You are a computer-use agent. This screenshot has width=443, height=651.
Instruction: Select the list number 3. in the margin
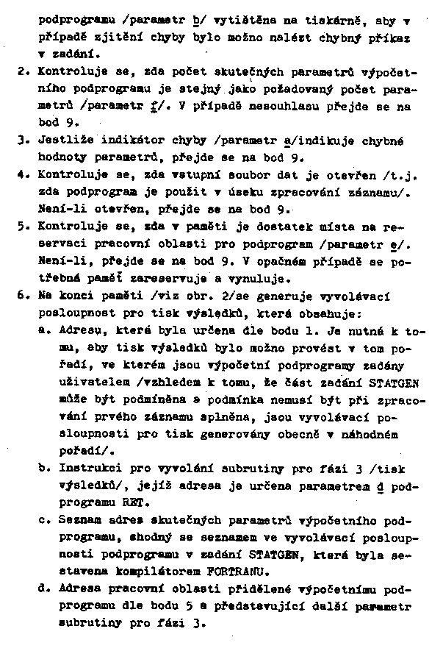pyautogui.click(x=22, y=140)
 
